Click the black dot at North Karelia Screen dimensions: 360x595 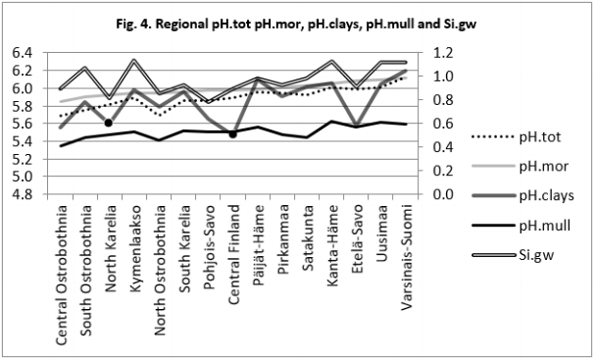109,123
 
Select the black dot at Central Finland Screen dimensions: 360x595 232,133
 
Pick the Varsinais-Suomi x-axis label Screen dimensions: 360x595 405,258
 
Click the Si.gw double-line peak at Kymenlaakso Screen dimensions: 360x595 134,61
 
